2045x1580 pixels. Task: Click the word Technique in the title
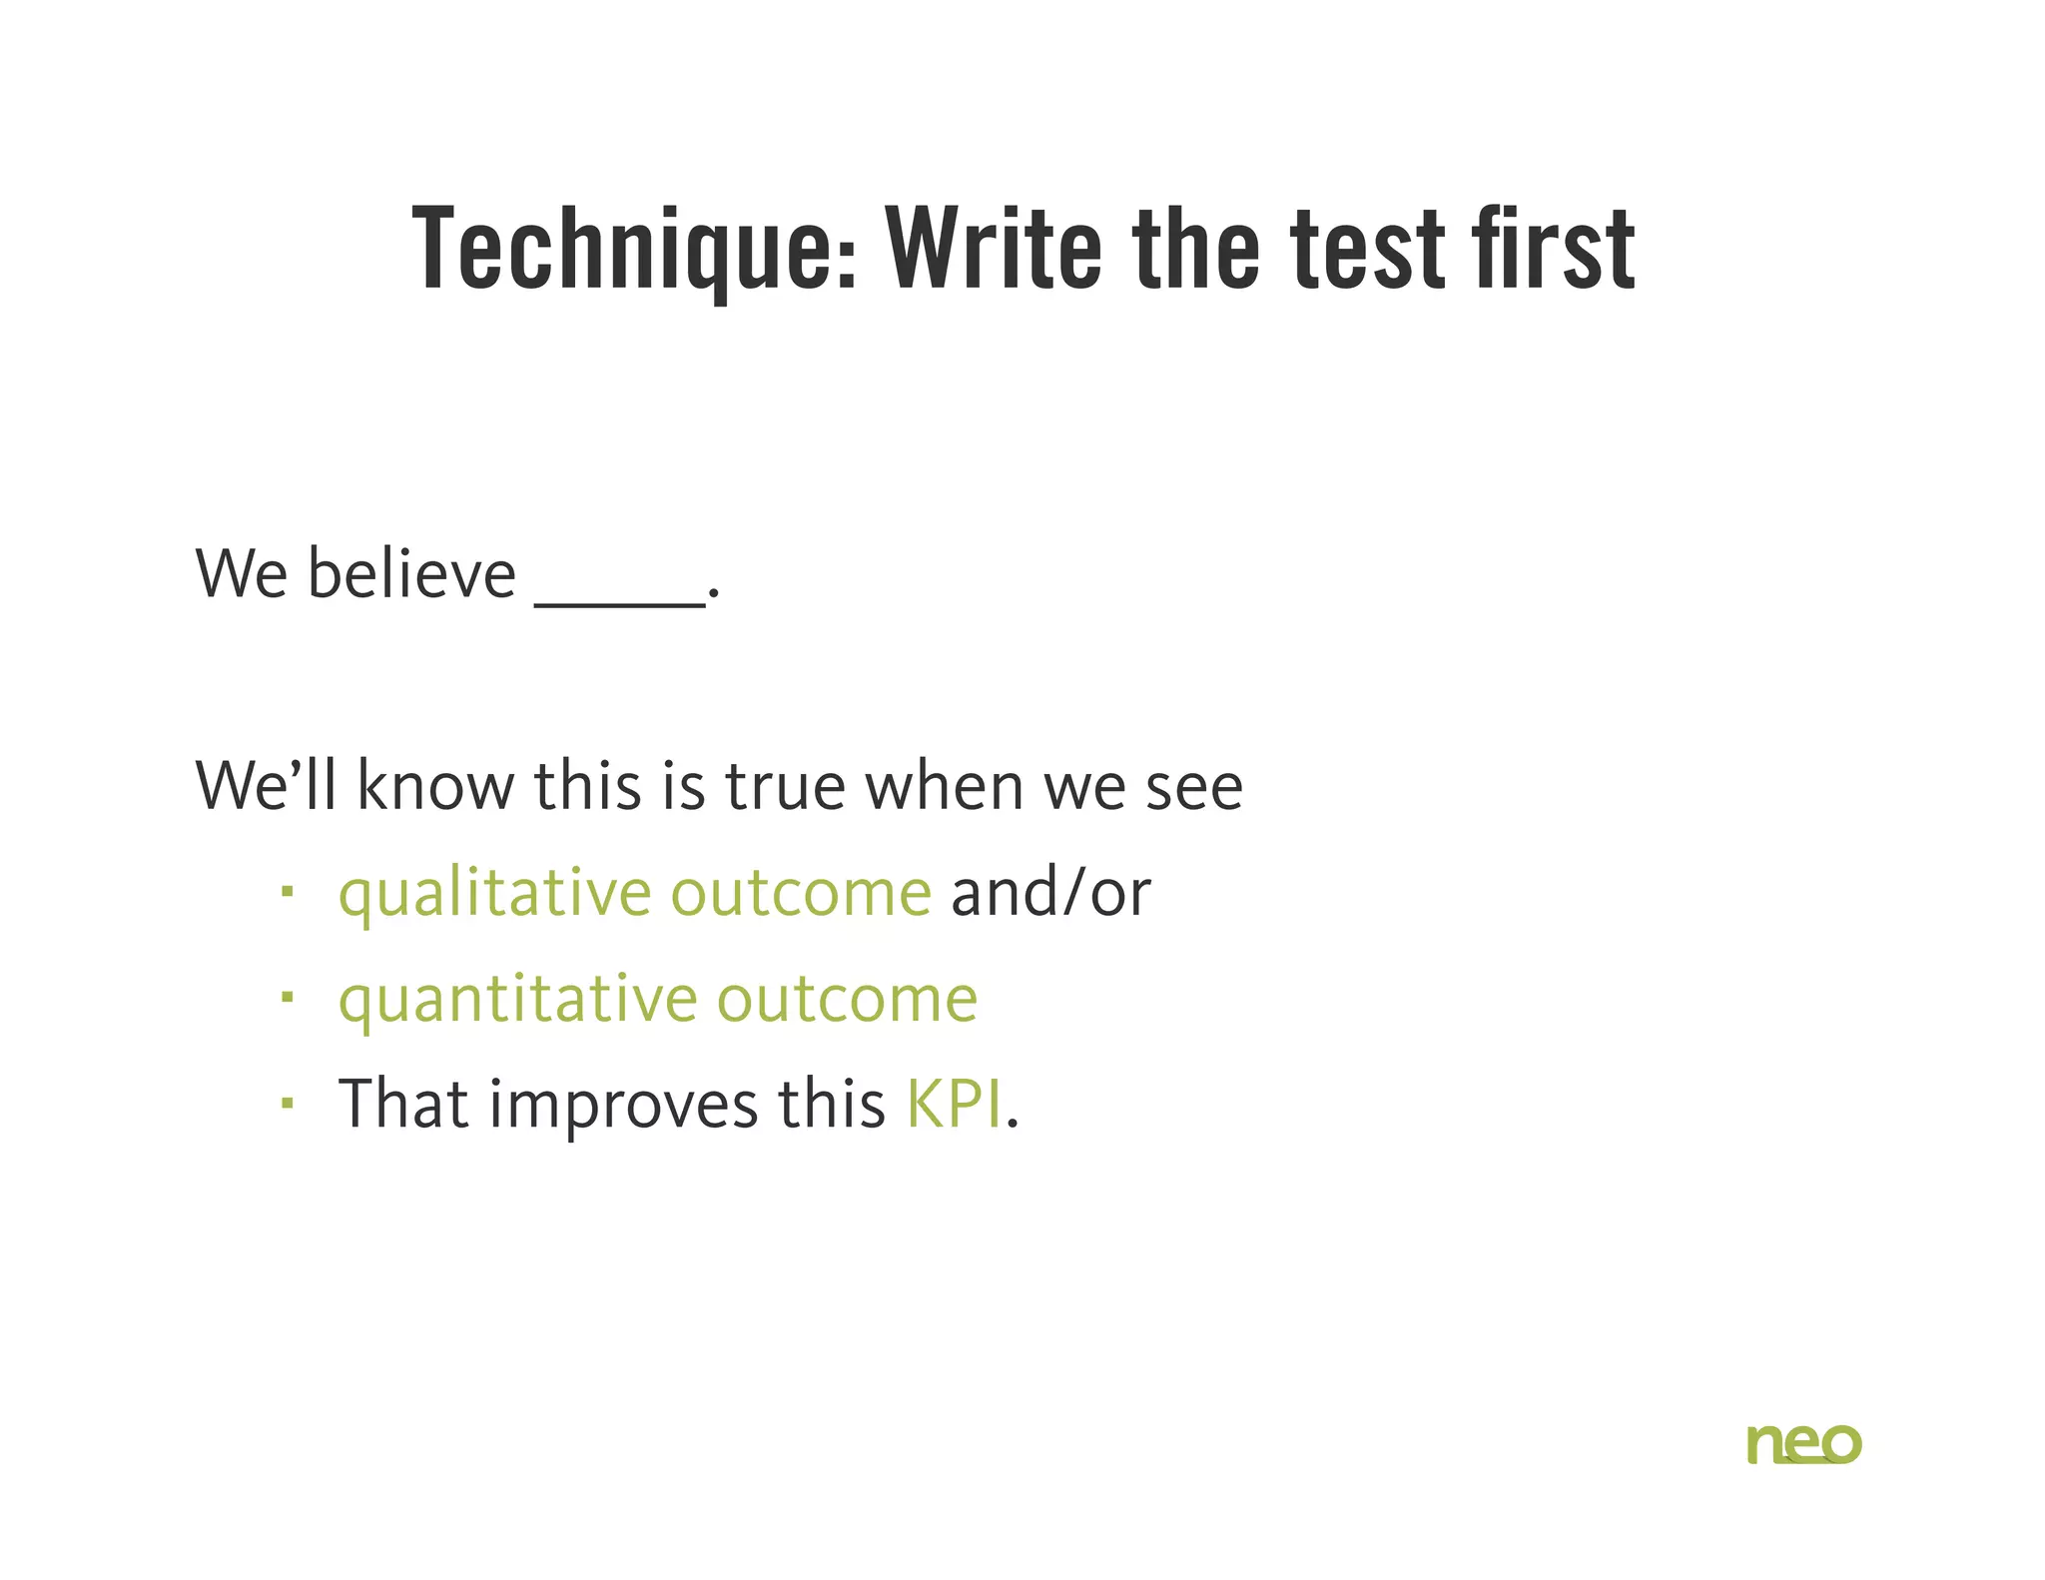point(633,248)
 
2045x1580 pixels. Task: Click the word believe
point(410,575)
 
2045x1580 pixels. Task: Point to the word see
point(1194,787)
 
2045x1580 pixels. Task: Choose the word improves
point(623,1106)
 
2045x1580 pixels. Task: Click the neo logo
point(1803,1444)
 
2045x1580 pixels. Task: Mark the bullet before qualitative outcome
point(288,891)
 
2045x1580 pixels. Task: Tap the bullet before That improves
point(288,1103)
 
